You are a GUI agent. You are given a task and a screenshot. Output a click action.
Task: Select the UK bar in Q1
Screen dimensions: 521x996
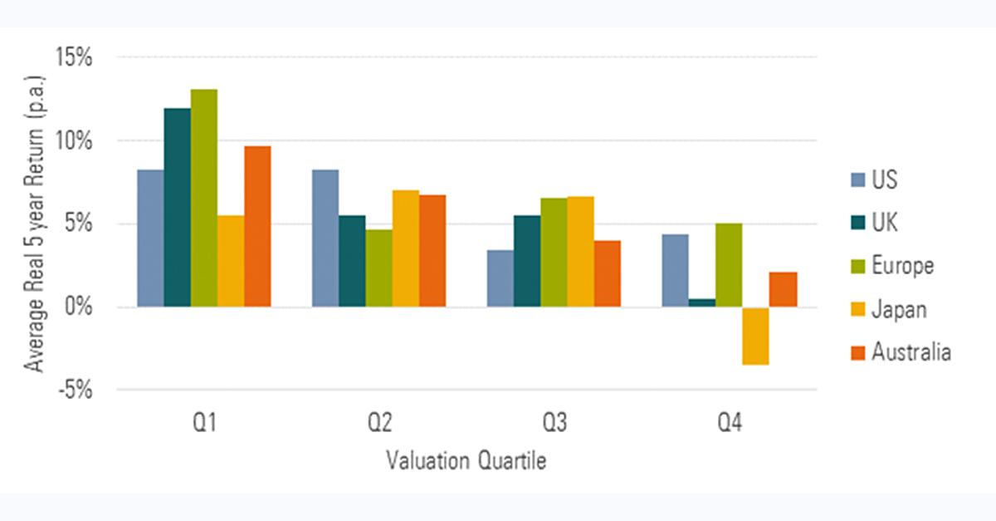[x=177, y=208]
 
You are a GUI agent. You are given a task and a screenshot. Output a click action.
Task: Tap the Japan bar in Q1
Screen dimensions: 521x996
[x=231, y=261]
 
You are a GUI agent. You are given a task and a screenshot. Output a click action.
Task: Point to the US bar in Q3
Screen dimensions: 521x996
[x=500, y=278]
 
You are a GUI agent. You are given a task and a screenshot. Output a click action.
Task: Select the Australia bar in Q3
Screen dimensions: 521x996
[x=608, y=273]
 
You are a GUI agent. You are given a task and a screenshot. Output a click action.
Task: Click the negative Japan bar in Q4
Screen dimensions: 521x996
[x=755, y=336]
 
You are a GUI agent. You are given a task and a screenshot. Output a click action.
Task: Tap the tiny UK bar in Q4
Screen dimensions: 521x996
[x=702, y=303]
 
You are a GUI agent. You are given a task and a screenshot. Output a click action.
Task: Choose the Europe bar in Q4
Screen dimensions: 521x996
[x=729, y=265]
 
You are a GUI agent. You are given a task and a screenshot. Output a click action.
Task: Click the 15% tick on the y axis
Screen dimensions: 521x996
[x=74, y=58]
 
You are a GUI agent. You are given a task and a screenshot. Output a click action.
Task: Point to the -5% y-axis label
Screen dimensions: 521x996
[x=74, y=390]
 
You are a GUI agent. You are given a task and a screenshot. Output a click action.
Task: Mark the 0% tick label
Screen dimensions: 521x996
[x=80, y=307]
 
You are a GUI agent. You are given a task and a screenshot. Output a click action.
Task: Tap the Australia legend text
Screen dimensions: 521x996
[x=911, y=352]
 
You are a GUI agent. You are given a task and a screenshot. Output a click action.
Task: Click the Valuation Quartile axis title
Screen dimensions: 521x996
[x=466, y=461]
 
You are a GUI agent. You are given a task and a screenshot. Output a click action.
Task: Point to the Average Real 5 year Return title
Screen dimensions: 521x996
[x=35, y=224]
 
